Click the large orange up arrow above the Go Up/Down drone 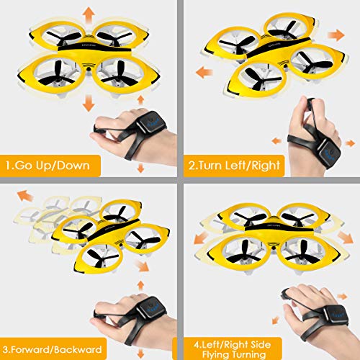point(89,14)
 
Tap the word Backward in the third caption point(86,342)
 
